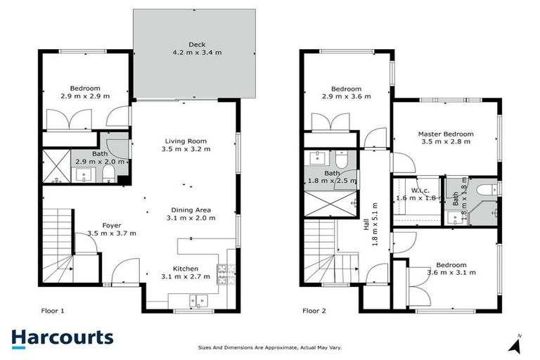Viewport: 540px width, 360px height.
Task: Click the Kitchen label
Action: (186, 268)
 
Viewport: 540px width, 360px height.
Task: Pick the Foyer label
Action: (112, 225)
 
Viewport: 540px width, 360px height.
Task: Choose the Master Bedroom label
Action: (445, 134)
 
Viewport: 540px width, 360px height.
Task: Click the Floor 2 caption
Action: (316, 309)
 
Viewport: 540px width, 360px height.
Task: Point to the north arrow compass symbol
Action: (517, 344)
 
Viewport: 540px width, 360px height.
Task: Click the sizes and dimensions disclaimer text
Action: (270, 347)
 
